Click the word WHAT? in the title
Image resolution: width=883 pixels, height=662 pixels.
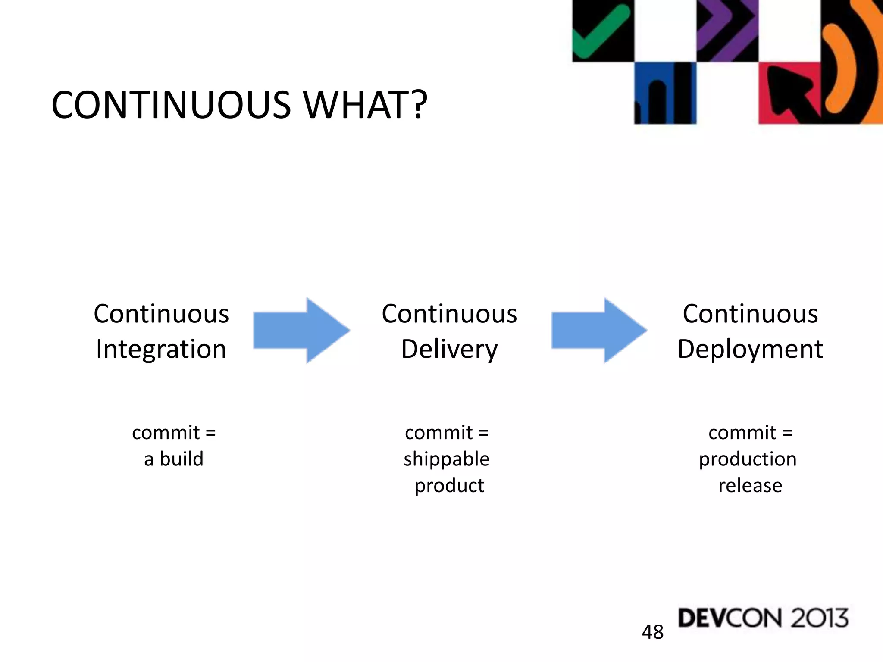pyautogui.click(x=366, y=105)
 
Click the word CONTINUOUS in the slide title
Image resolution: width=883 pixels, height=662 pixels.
pyautogui.click(x=171, y=105)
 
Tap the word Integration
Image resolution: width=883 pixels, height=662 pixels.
pyautogui.click(x=161, y=349)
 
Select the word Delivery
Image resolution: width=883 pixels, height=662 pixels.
pyautogui.click(x=449, y=349)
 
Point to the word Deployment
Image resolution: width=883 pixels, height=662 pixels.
pyautogui.click(x=750, y=349)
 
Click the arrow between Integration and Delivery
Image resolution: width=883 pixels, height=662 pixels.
pyautogui.click(x=301, y=331)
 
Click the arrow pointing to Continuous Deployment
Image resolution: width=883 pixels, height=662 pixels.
pyautogui.click(x=599, y=331)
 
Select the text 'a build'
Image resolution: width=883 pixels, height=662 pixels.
pyautogui.click(x=174, y=459)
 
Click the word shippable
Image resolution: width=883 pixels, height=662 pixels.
pyautogui.click(x=447, y=459)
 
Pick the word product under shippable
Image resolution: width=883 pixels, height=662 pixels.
pyautogui.click(x=449, y=485)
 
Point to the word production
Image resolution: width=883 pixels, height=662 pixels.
pyautogui.click(x=748, y=459)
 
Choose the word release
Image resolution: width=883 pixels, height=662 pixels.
pyautogui.click(x=750, y=485)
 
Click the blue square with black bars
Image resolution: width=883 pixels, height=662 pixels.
pyautogui.click(x=665, y=93)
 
